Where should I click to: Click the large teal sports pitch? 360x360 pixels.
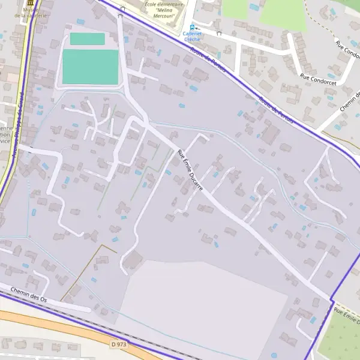[x=90, y=67]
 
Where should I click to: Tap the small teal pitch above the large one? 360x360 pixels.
[x=87, y=39]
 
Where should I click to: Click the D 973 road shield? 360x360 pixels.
[x=119, y=344]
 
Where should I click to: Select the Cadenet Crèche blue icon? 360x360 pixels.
[x=192, y=26]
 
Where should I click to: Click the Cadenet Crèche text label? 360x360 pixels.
[x=192, y=36]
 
